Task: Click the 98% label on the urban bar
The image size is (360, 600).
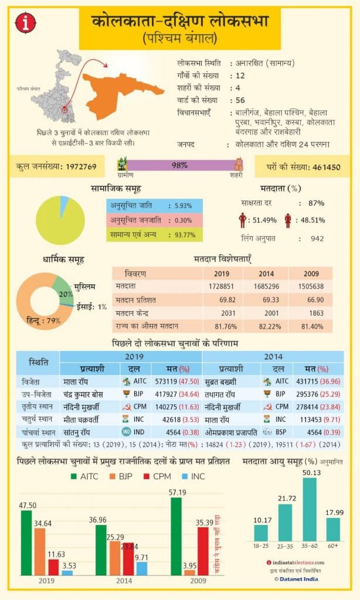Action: point(179,165)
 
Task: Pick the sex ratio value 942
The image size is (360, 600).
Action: point(317,238)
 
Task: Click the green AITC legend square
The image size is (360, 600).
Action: point(73,476)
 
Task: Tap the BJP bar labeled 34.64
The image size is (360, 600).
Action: point(39,551)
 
